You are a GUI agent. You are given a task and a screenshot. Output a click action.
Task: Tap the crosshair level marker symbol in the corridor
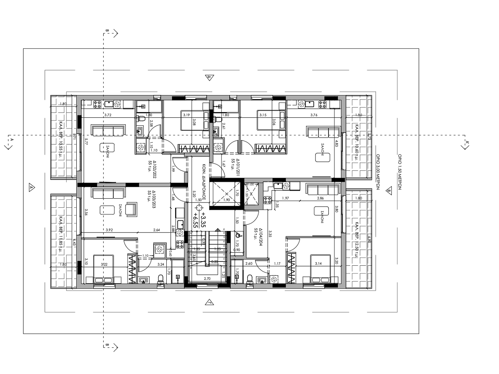pos(198,208)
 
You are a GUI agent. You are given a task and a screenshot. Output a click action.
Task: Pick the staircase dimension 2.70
pos(208,279)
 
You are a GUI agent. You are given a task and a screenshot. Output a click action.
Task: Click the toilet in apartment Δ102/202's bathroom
pos(140,119)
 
